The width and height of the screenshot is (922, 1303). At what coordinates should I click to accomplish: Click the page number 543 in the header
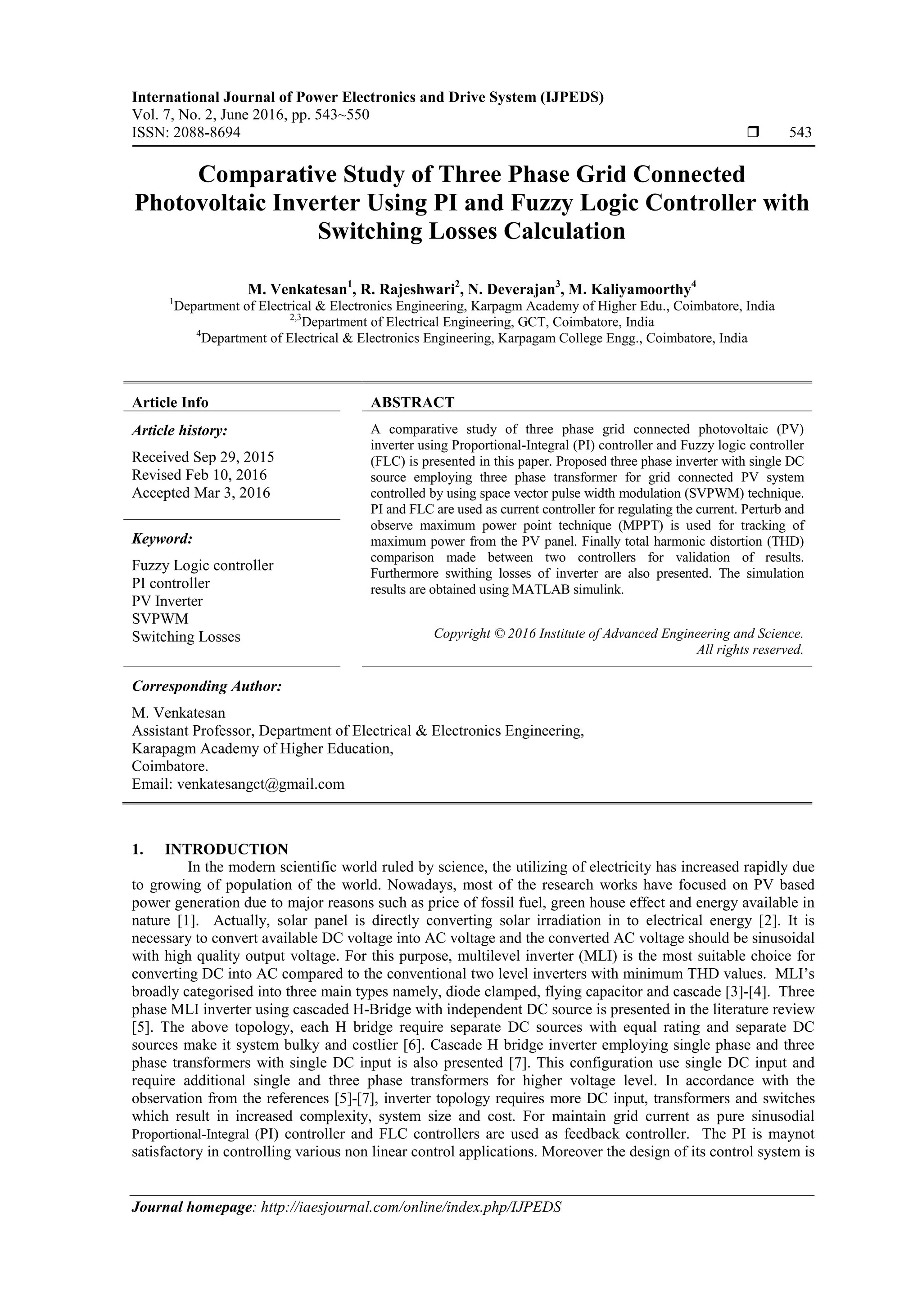(x=800, y=133)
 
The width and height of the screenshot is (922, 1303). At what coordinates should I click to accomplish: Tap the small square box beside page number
(x=753, y=133)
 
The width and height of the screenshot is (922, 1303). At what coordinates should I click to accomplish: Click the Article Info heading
(x=170, y=402)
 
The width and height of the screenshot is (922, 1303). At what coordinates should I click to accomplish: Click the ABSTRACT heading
(x=413, y=402)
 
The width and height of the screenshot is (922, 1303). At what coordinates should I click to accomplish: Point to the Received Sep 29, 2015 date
(x=203, y=457)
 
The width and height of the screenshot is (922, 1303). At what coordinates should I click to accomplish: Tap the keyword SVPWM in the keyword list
(x=160, y=619)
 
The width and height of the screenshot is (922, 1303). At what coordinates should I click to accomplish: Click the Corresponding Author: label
(x=207, y=686)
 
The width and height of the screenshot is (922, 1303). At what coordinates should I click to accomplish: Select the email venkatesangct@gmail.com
(x=261, y=784)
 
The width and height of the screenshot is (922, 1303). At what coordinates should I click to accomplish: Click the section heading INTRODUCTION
(x=226, y=849)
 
